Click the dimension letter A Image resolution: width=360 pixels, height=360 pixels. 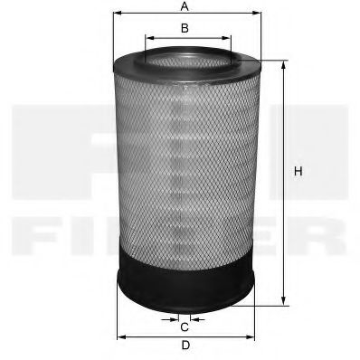184,6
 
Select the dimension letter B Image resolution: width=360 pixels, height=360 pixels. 184,28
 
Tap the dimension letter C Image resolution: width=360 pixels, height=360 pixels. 184,327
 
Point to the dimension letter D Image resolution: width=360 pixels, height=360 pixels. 184,346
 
